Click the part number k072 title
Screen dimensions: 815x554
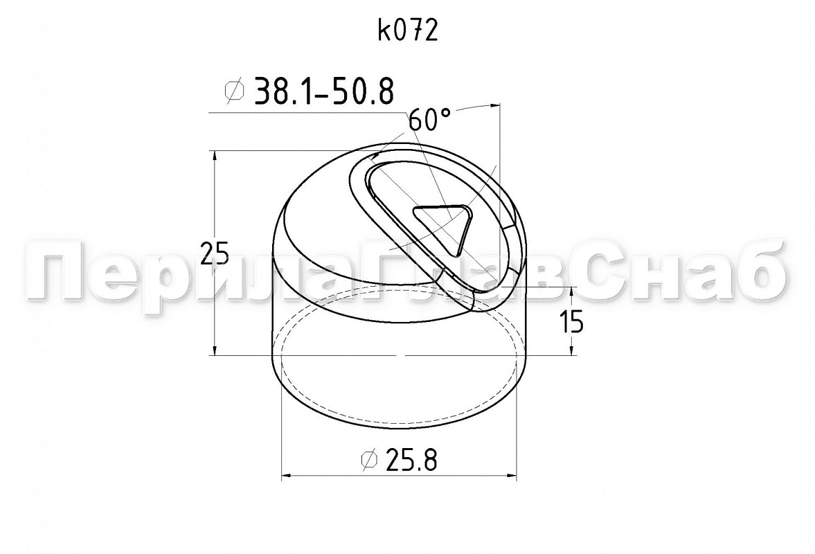(x=408, y=31)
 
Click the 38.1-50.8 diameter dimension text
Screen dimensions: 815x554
(x=323, y=91)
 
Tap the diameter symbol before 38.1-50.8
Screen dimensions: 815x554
(x=234, y=91)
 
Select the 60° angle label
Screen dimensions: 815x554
(x=429, y=120)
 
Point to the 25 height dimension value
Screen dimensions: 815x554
(x=215, y=254)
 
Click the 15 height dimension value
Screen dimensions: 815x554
(x=572, y=321)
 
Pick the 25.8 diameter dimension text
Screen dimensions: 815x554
(x=411, y=460)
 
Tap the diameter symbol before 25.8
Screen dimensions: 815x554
(x=369, y=460)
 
